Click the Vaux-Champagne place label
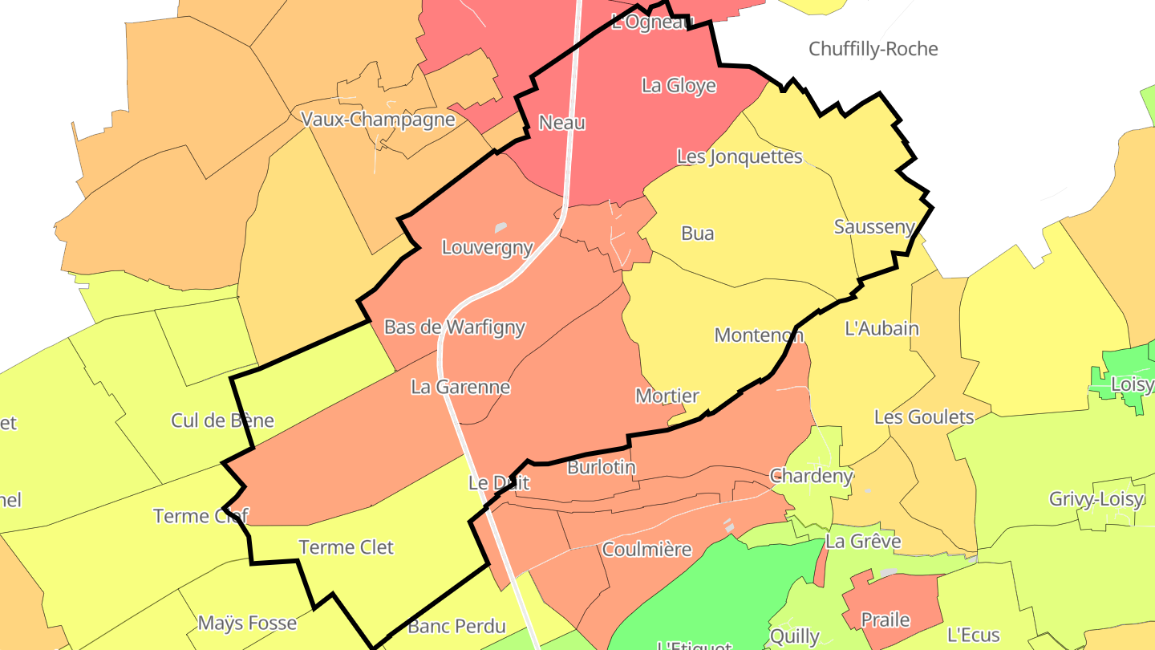pos(378,120)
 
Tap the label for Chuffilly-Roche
pos(873,49)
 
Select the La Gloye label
pos(679,85)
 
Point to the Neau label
pos(562,123)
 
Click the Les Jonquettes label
pos(740,156)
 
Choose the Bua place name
pos(697,234)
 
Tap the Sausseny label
pos(874,227)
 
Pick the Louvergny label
pos(488,247)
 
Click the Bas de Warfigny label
pos(455,327)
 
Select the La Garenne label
pos(460,387)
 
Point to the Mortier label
pos(667,396)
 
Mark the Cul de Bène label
pos(223,420)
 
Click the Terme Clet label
pos(346,547)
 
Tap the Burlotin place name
pos(602,467)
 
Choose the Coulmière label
pos(646,550)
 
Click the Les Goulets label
pos(924,417)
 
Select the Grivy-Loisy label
pos(1096,499)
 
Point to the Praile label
pos(885,620)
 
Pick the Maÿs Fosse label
pos(247,623)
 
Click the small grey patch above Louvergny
pos(501,227)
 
